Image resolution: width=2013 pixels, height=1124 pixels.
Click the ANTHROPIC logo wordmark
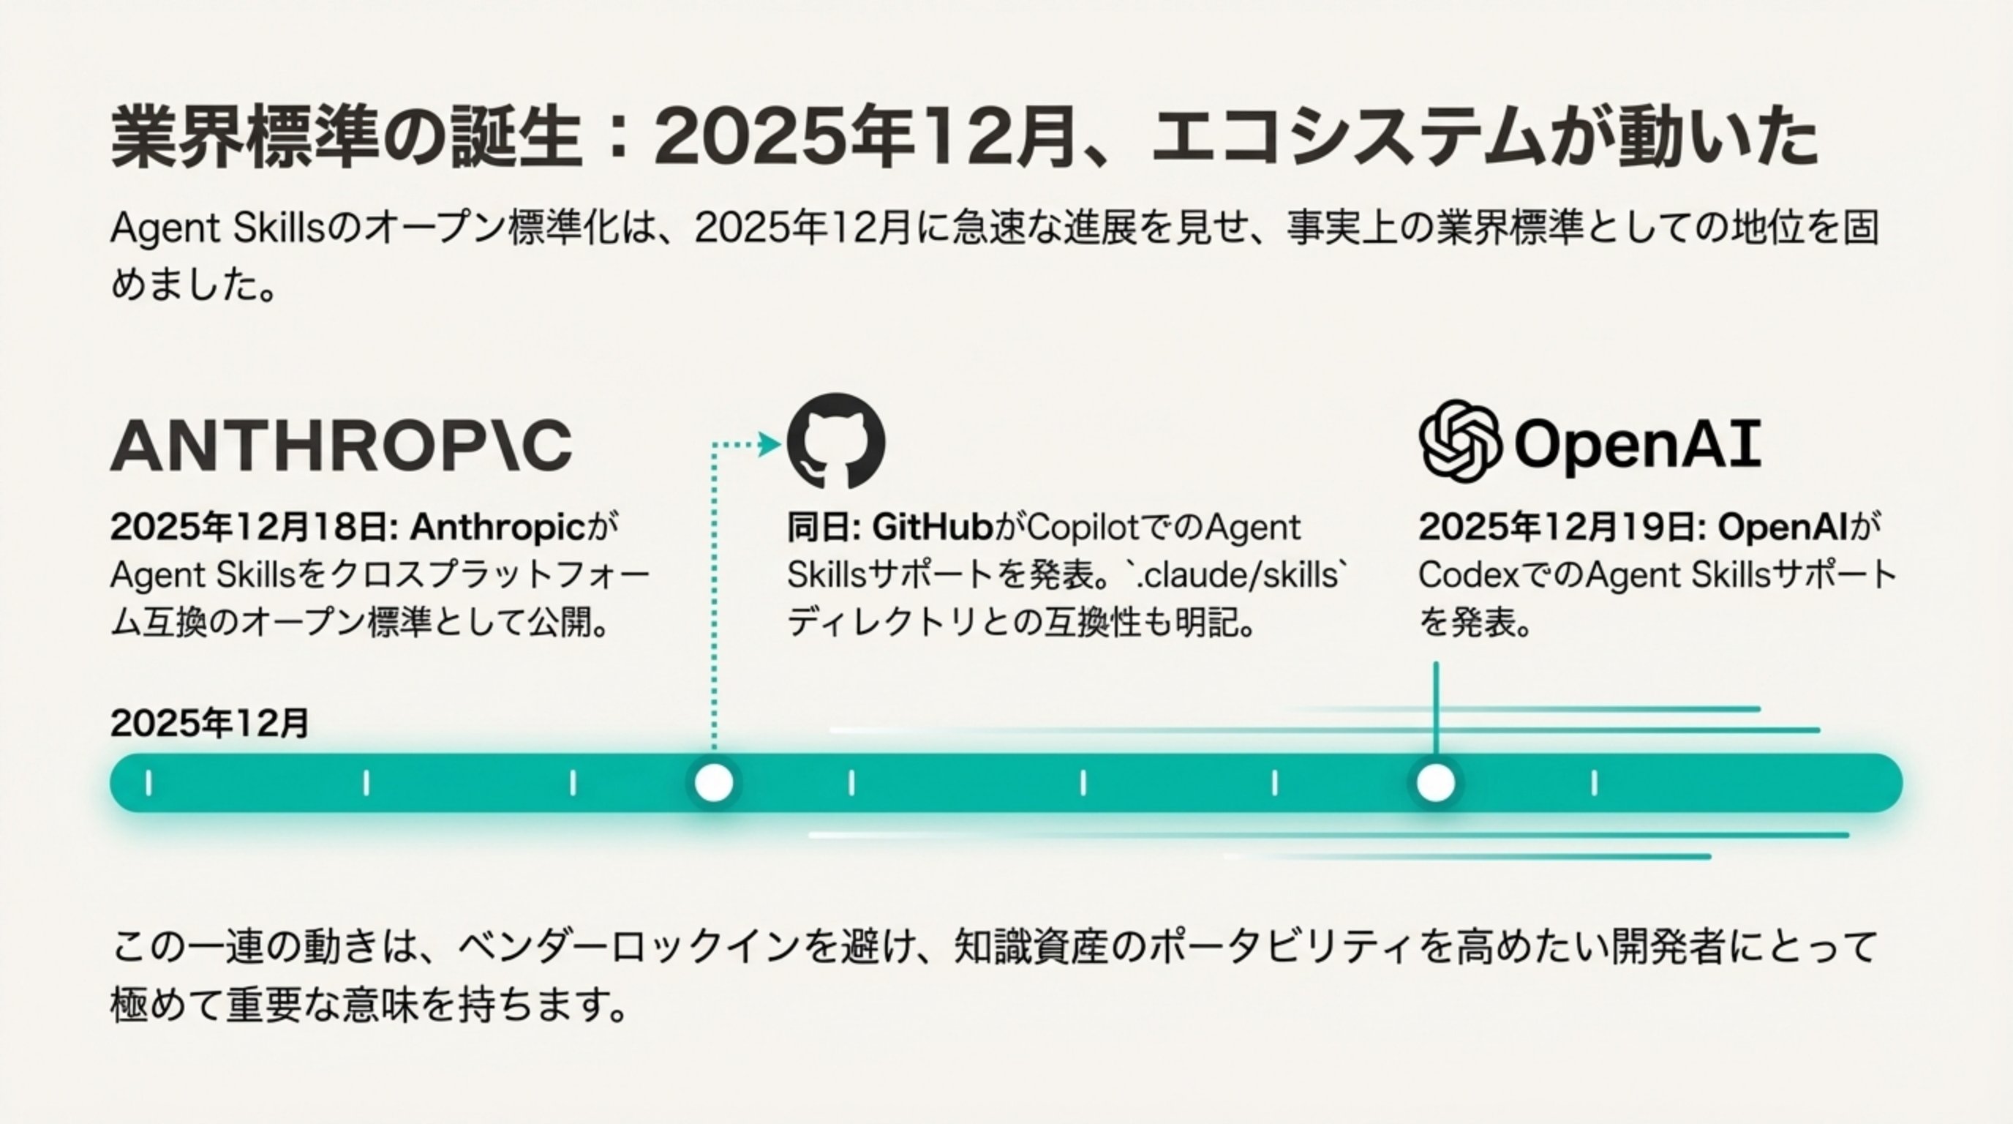[x=341, y=446]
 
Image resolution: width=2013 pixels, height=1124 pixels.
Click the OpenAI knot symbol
[x=1459, y=441]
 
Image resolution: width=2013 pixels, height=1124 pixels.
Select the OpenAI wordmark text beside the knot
[x=1637, y=444]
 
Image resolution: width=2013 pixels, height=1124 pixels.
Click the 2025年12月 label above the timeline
[x=209, y=724]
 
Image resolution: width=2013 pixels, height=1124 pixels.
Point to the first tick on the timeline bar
[x=148, y=783]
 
